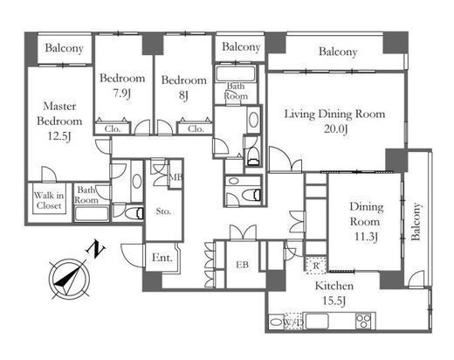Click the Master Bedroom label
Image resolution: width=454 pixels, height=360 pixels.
(59, 114)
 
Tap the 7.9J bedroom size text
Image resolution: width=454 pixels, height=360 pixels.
(122, 93)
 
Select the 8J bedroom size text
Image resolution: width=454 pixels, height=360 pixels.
(183, 95)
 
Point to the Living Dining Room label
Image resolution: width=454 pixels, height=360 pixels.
(334, 114)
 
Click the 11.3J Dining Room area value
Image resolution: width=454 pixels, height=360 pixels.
(366, 237)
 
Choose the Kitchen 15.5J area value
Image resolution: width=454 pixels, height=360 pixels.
(334, 301)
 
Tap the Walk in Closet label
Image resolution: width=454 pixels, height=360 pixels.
(49, 200)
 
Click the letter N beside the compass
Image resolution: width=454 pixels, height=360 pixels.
(95, 248)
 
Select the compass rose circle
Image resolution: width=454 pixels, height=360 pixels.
(69, 279)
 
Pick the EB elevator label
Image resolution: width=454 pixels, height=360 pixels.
(243, 265)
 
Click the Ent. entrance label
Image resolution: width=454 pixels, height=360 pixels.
(162, 258)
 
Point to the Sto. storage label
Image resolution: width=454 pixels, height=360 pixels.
(163, 211)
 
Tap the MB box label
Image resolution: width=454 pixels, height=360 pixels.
(175, 177)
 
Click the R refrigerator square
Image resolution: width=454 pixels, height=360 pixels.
(316, 266)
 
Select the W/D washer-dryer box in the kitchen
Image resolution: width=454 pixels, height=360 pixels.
(293, 322)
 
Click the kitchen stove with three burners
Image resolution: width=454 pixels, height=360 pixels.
(363, 321)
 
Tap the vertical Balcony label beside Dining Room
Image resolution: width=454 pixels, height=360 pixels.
(416, 221)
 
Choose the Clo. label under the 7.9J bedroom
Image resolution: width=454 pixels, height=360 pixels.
(113, 128)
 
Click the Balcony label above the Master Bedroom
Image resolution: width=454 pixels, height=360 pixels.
(64, 48)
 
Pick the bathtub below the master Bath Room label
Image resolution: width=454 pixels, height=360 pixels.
(92, 214)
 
